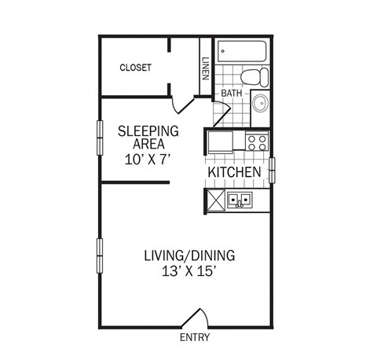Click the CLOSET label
point(135,68)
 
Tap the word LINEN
point(205,70)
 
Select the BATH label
point(232,94)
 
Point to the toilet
point(254,77)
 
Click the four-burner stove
point(257,142)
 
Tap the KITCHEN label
point(234,172)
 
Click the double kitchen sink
point(240,200)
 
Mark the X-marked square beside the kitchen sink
point(214,201)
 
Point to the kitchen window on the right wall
point(273,169)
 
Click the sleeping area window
point(99,138)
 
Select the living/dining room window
point(99,257)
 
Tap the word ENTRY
point(195,338)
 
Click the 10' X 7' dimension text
point(148,159)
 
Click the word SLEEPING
point(148,130)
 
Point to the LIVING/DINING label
point(189,255)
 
